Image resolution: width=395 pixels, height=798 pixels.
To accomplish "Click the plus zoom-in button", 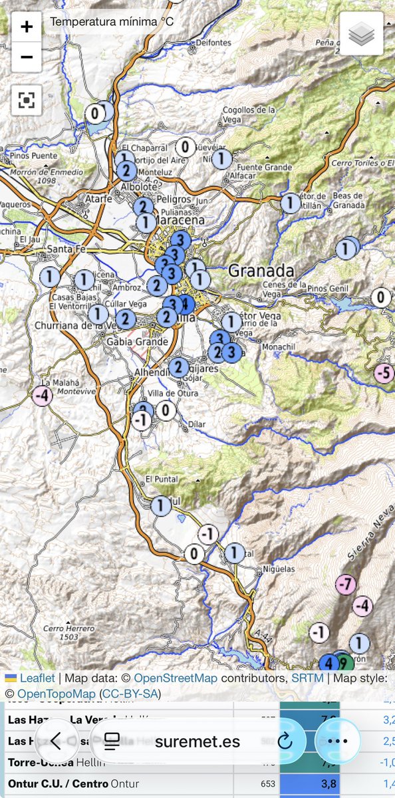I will pos(27,27).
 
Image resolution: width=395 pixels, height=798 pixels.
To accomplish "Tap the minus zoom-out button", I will pos(27,57).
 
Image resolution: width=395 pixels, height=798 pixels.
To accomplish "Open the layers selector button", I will pos(361,34).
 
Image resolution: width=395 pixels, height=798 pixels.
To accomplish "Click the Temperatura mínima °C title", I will pos(112,23).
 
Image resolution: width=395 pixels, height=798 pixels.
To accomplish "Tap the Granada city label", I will pos(261,271).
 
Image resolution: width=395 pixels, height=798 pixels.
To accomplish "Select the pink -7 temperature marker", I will pos(345,585).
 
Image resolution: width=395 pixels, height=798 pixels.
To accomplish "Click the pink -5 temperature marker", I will pos(384,373).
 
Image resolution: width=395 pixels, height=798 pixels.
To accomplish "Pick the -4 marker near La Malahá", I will pos(42,395).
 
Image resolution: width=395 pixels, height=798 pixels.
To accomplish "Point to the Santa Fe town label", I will pos(64,249).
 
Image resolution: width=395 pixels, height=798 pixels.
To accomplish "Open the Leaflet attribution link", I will pos(37,678).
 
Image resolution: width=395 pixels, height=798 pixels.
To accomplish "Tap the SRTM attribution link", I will pos(307,678).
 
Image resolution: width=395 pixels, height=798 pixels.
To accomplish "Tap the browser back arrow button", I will pos(57,741).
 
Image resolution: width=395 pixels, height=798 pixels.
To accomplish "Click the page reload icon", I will pos(285,741).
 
